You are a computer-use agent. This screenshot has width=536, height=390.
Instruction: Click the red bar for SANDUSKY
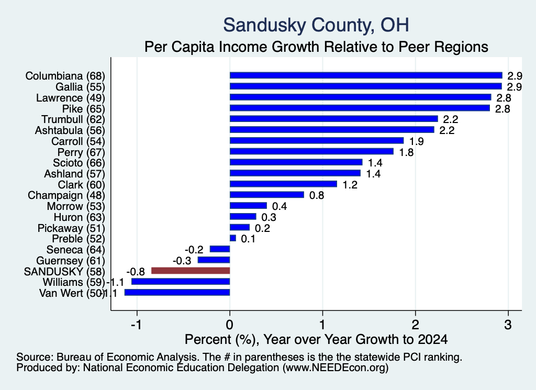pos(191,271)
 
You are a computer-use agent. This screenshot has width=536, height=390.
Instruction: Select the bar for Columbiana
pos(366,75)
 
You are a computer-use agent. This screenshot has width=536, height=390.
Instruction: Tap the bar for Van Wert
pos(177,293)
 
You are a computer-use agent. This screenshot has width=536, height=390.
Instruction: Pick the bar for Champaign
pos(266,195)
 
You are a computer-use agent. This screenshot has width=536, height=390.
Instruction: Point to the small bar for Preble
pos(233,238)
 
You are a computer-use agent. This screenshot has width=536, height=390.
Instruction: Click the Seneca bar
pos(220,249)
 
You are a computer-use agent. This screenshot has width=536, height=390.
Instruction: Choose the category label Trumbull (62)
pos(73,120)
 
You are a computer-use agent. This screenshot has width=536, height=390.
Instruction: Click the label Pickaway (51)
pos(71,228)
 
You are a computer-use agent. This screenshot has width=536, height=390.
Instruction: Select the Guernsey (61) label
pos(71,261)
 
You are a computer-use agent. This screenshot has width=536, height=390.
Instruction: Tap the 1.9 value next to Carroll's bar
pos(416,141)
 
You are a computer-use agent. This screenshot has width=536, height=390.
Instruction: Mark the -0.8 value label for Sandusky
pos(136,272)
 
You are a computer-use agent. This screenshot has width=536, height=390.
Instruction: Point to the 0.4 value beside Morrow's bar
pos(280,206)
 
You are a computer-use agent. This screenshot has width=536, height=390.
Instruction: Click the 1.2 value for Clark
pos(350,185)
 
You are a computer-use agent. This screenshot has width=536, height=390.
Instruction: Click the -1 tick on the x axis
pos(137,325)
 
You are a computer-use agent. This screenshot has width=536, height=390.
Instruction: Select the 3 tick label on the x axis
pos(508,325)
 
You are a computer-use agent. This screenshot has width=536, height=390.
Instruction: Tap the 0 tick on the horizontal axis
pos(230,325)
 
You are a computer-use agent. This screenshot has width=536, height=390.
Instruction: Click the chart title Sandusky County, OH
pos(316,25)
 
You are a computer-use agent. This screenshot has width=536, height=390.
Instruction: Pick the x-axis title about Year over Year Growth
pos(316,339)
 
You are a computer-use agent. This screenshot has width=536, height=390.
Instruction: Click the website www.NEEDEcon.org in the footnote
pos(336,368)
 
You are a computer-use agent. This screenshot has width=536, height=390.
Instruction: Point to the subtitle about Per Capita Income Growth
pos(316,47)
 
